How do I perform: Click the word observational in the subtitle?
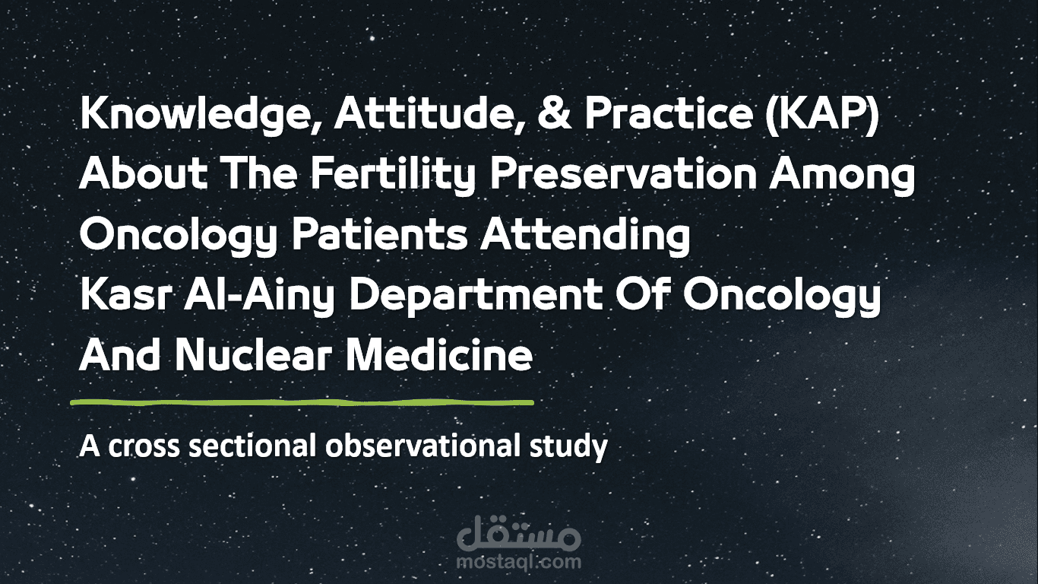422,446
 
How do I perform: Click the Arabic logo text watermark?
519,535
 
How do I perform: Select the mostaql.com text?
519,563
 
